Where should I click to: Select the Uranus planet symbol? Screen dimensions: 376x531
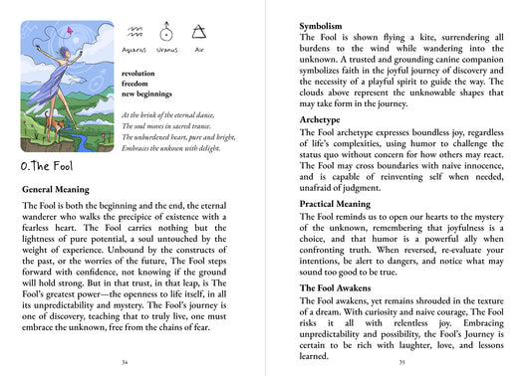click(165, 33)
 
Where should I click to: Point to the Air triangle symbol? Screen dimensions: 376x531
click(197, 33)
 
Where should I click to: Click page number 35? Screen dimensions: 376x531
click(401, 363)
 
